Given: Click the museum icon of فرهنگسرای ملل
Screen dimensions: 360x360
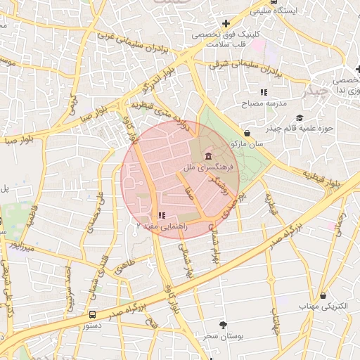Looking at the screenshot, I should click(x=208, y=155).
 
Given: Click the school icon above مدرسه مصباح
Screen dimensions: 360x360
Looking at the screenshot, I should click(x=264, y=92).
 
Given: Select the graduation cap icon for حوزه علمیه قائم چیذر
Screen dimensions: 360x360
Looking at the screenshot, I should click(x=300, y=117).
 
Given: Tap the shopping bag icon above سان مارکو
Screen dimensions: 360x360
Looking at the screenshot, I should click(x=247, y=133).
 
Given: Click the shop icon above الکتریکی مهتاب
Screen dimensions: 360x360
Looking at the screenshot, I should click(x=323, y=296).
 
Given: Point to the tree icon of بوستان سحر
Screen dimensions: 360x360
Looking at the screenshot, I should click(x=223, y=324).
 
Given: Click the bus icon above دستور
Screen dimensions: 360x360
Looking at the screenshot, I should click(x=93, y=314).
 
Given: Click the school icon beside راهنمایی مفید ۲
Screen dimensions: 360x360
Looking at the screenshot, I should click(x=161, y=215).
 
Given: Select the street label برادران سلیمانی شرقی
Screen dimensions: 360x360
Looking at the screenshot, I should click(x=245, y=67).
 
